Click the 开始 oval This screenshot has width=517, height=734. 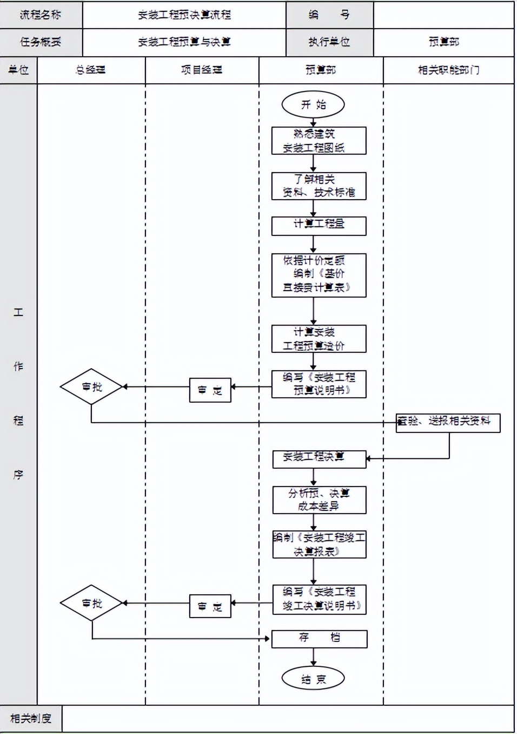[313, 104]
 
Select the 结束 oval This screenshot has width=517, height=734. [313, 679]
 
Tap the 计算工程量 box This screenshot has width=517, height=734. [319, 226]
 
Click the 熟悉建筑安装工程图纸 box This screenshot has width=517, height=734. [319, 141]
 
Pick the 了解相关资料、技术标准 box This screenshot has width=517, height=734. [319, 186]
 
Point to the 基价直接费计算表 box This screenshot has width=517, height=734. [319, 275]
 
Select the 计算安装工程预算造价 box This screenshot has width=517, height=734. [319, 339]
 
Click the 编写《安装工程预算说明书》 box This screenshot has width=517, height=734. [319, 384]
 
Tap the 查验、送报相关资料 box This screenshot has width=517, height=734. [448, 422]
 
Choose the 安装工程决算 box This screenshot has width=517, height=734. [319, 458]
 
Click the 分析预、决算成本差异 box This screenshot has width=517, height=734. [319, 500]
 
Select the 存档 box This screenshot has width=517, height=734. [319, 639]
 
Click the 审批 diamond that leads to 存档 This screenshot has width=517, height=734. [91, 602]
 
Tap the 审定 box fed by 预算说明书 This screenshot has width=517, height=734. [210, 390]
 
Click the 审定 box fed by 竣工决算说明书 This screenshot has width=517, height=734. [210, 606]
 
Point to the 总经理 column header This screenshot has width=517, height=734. [91, 70]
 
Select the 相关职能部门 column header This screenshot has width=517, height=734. [448, 70]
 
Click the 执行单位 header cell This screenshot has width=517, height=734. [329, 42]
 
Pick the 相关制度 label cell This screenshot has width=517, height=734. [31, 718]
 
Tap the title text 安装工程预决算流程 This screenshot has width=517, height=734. [184, 15]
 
